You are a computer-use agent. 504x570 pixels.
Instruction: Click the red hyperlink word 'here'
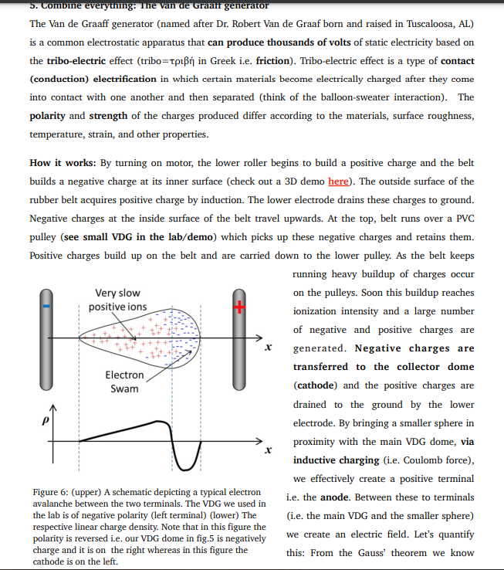pyautogui.click(x=338, y=182)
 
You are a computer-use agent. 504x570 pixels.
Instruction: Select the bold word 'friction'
pyautogui.click(x=276, y=60)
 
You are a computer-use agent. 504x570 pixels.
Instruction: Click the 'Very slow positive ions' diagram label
pyautogui.click(x=117, y=300)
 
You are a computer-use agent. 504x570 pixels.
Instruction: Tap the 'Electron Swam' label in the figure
pyautogui.click(x=124, y=382)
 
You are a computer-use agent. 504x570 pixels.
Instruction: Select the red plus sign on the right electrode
pyautogui.click(x=240, y=307)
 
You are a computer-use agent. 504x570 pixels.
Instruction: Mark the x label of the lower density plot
pyautogui.click(x=268, y=450)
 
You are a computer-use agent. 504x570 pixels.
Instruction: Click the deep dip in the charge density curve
pyautogui.click(x=184, y=466)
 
